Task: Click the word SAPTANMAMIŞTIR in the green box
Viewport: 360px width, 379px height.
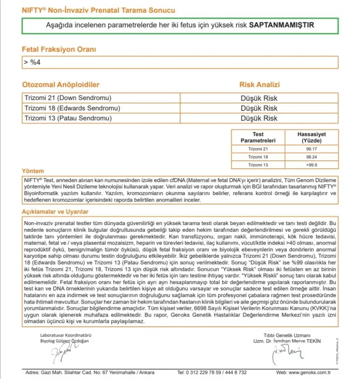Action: pos(282,26)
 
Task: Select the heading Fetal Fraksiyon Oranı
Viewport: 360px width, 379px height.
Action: pos(59,49)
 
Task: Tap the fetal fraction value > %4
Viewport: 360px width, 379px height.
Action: pos(32,62)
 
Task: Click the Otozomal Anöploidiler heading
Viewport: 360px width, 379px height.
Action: pos(61,85)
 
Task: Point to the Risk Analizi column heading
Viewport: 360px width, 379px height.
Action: pos(259,85)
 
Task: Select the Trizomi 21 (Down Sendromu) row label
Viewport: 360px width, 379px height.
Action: pos(68,98)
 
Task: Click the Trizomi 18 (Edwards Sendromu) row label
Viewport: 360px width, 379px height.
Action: pos(72,108)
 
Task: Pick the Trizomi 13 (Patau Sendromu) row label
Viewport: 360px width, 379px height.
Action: pos(68,118)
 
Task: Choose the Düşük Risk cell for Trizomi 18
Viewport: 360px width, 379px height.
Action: pos(259,108)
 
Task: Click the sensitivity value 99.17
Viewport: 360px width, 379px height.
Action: pos(312,149)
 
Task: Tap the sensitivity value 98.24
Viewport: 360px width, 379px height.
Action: pos(312,157)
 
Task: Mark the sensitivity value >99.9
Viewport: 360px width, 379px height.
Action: pos(312,165)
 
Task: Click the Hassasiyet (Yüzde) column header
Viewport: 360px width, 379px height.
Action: pos(312,137)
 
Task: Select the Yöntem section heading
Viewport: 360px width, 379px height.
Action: pos(33,171)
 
